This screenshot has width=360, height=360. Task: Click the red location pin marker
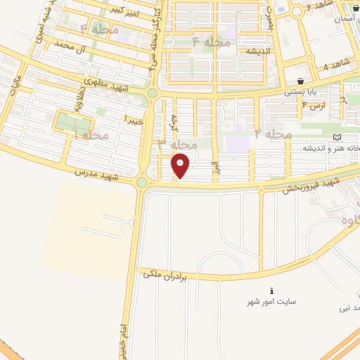[181, 166]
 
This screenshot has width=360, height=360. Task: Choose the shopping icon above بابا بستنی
[301, 81]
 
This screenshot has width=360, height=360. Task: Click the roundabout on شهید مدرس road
[141, 183]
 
